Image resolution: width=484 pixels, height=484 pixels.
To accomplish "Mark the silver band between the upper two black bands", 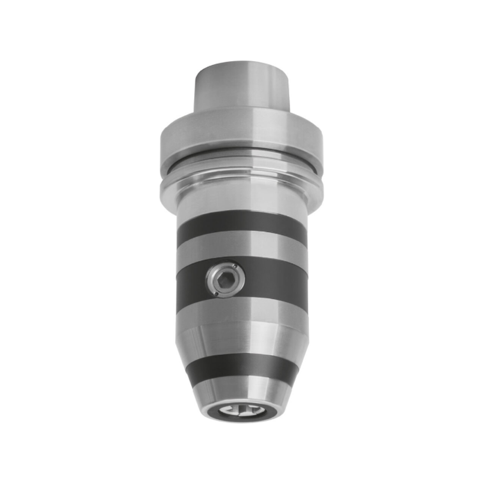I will coord(242,250).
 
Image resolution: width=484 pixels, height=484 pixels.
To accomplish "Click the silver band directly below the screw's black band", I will coord(242,310).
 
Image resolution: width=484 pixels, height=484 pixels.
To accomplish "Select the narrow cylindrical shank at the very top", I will coord(242,87).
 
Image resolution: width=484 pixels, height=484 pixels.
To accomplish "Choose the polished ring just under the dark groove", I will coord(242,177).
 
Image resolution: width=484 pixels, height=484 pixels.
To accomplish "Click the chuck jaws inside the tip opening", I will coord(242,411).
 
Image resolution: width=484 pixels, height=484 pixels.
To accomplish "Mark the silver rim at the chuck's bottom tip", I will coord(242,421).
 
